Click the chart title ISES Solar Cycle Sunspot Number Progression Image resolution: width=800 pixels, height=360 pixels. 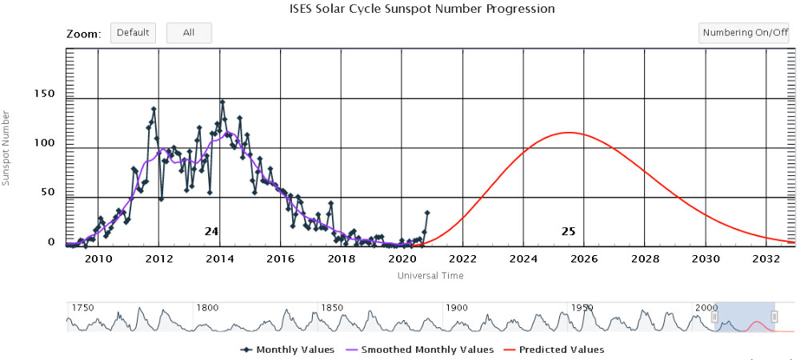click(422, 9)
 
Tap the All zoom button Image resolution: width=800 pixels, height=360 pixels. click(189, 33)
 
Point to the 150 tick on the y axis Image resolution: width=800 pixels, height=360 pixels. click(44, 94)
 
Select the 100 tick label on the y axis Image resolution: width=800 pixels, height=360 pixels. click(44, 143)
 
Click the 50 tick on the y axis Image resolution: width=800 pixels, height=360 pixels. click(47, 192)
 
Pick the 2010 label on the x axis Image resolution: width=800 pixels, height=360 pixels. click(98, 259)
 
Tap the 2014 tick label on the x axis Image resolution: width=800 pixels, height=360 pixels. click(220, 259)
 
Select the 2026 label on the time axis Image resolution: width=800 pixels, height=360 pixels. click(584, 259)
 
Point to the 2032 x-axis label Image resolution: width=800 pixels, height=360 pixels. click(766, 259)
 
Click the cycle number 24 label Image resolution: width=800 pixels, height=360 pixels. click(211, 231)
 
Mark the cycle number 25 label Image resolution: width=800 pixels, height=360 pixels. click(568, 231)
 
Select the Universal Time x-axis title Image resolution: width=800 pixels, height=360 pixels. click(430, 275)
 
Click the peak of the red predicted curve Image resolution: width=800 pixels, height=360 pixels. click(568, 133)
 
